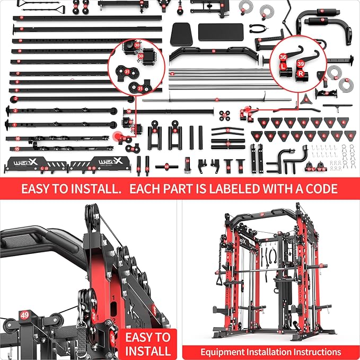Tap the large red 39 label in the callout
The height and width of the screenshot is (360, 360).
tap(300, 63)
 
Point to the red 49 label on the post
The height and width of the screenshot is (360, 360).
tap(24, 315)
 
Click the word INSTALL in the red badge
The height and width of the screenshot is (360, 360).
tap(148, 350)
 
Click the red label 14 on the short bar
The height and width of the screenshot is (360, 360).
tap(129, 111)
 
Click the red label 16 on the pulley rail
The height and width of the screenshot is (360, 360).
tap(17, 138)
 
